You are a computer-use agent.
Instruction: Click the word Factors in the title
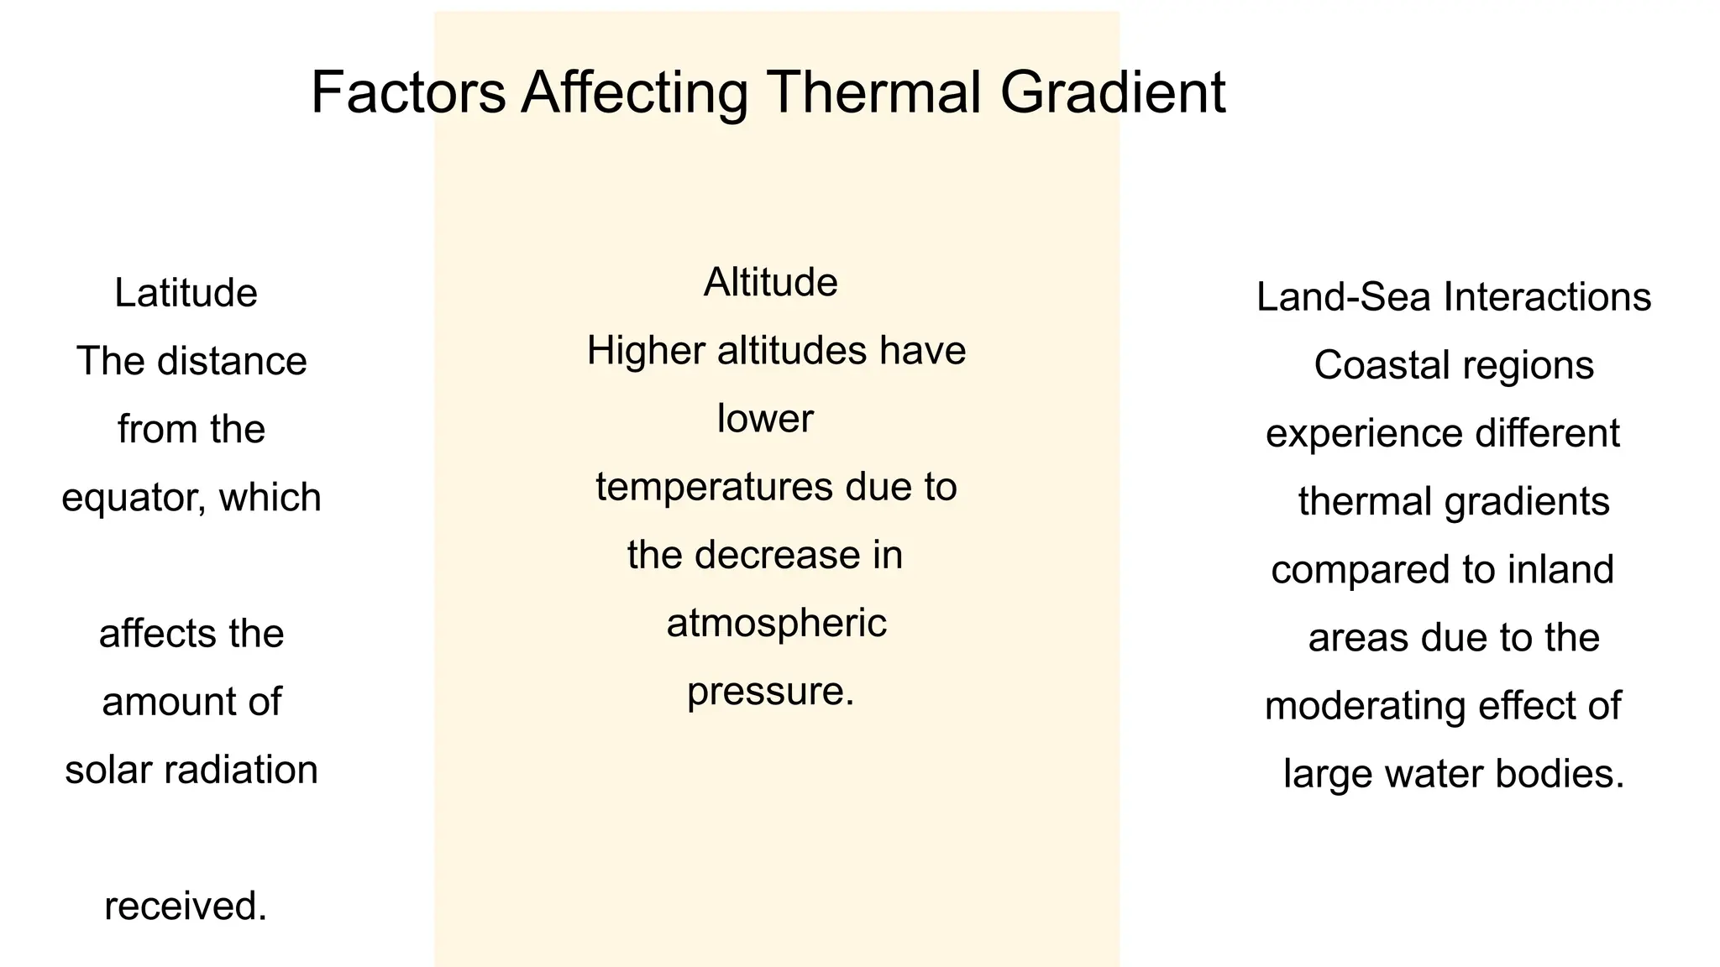[408, 92]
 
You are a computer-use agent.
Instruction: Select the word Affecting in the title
[634, 92]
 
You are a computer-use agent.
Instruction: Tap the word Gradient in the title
[1112, 92]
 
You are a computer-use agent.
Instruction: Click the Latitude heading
[186, 294]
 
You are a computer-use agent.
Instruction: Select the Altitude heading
[770, 282]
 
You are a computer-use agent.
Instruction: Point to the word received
[186, 907]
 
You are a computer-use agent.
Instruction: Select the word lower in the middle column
[765, 419]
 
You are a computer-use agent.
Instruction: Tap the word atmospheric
[776, 624]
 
